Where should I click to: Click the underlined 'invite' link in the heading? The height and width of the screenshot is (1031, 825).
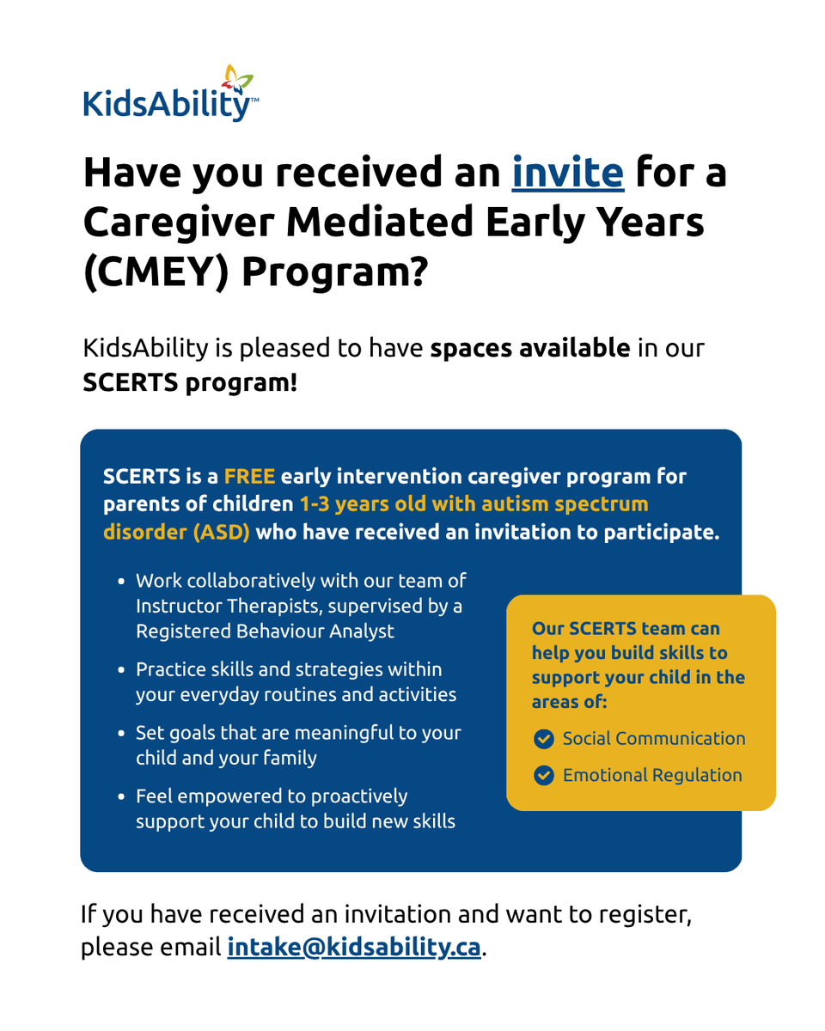tap(567, 172)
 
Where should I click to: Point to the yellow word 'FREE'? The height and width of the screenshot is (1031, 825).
tap(249, 476)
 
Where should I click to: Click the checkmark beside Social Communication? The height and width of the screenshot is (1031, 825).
tap(543, 739)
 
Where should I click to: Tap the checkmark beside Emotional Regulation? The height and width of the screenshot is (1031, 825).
tap(543, 776)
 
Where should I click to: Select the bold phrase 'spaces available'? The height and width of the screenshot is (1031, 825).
tap(530, 348)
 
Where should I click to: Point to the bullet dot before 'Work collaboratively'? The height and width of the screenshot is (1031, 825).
tap(123, 582)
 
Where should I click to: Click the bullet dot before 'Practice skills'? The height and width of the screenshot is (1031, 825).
tap(123, 670)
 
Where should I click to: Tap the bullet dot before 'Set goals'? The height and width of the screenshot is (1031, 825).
tap(123, 735)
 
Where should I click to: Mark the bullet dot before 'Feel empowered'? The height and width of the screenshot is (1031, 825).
tap(123, 798)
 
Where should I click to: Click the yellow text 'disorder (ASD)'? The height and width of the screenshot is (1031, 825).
tap(176, 532)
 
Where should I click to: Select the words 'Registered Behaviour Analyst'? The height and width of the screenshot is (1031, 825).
tap(265, 631)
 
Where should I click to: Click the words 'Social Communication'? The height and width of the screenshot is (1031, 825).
tap(654, 739)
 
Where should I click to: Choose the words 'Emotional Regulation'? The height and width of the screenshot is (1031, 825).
tap(652, 776)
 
